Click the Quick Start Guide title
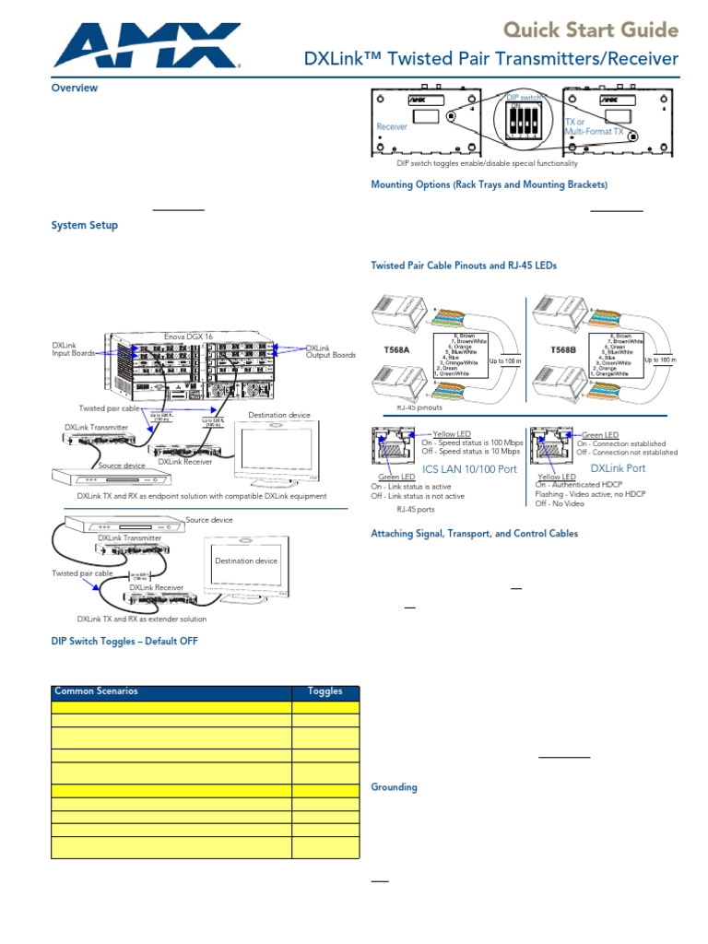[590, 30]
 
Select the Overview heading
[74, 88]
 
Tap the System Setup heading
[84, 225]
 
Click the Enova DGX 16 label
[188, 336]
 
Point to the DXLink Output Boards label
[330, 352]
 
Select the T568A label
[398, 350]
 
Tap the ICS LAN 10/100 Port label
[468, 468]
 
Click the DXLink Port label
[618, 468]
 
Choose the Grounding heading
[394, 787]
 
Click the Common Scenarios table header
[96, 691]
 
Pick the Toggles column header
[324, 691]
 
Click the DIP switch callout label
[524, 97]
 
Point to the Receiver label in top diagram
[392, 126]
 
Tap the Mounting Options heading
[489, 185]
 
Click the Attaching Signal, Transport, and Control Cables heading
[474, 533]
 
